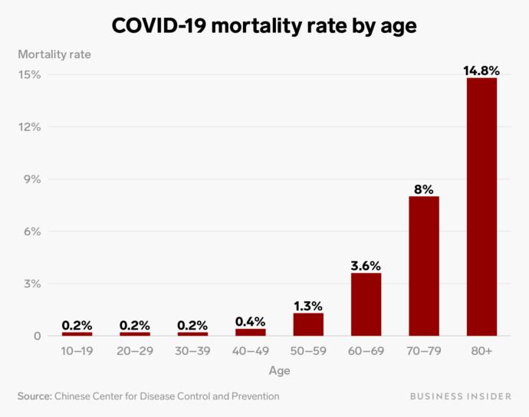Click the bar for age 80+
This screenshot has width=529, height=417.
(x=481, y=207)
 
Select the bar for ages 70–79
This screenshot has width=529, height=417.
(x=424, y=266)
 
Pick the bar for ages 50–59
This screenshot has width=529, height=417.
(x=308, y=324)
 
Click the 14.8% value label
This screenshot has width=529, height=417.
(x=481, y=71)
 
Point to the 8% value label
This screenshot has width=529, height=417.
(x=424, y=189)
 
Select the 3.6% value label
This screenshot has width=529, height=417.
(x=366, y=266)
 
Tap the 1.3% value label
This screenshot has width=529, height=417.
(x=308, y=306)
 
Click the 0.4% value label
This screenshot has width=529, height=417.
(x=250, y=322)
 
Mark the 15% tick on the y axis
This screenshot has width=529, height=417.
(x=31, y=74)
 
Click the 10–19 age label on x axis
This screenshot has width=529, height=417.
(x=77, y=351)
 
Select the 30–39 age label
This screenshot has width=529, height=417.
(x=192, y=351)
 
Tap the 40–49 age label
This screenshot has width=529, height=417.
(x=250, y=351)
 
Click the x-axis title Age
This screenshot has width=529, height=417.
(x=279, y=371)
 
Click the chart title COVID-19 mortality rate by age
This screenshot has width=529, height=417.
(x=264, y=25)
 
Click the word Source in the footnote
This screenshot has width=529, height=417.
(x=34, y=396)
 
